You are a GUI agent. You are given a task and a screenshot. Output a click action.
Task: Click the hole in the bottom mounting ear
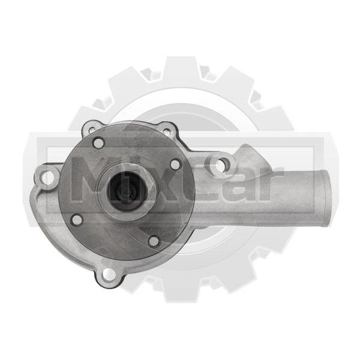tap(109, 275)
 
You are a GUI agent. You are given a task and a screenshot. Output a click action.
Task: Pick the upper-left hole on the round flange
tap(98, 143)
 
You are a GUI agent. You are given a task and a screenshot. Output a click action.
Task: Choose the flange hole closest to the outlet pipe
tap(175, 164)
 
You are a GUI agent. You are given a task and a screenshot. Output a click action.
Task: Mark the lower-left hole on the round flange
tap(76, 220)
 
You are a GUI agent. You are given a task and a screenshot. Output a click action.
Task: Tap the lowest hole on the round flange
tap(154, 241)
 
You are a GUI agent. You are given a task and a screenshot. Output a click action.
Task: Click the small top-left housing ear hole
tap(92, 130)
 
